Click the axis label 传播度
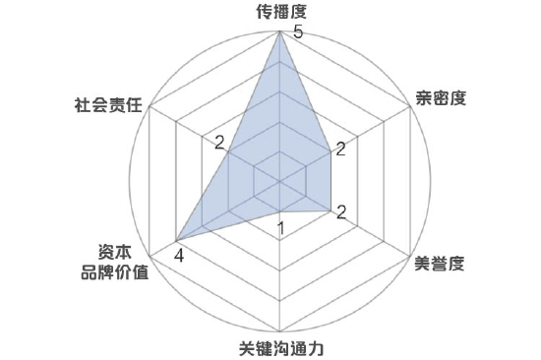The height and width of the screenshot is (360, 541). pyautogui.click(x=280, y=13)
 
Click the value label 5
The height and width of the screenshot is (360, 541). pyautogui.click(x=298, y=32)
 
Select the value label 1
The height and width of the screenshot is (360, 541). pyautogui.click(x=281, y=230)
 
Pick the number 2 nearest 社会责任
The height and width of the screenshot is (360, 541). pyautogui.click(x=219, y=141)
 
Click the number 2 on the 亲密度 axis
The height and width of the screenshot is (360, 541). pyautogui.click(x=340, y=150)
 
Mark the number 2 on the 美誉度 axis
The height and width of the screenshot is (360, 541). pyautogui.click(x=340, y=211)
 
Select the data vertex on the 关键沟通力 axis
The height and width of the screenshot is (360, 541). pyautogui.click(x=280, y=210)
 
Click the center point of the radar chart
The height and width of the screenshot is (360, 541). pyautogui.click(x=280, y=181)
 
